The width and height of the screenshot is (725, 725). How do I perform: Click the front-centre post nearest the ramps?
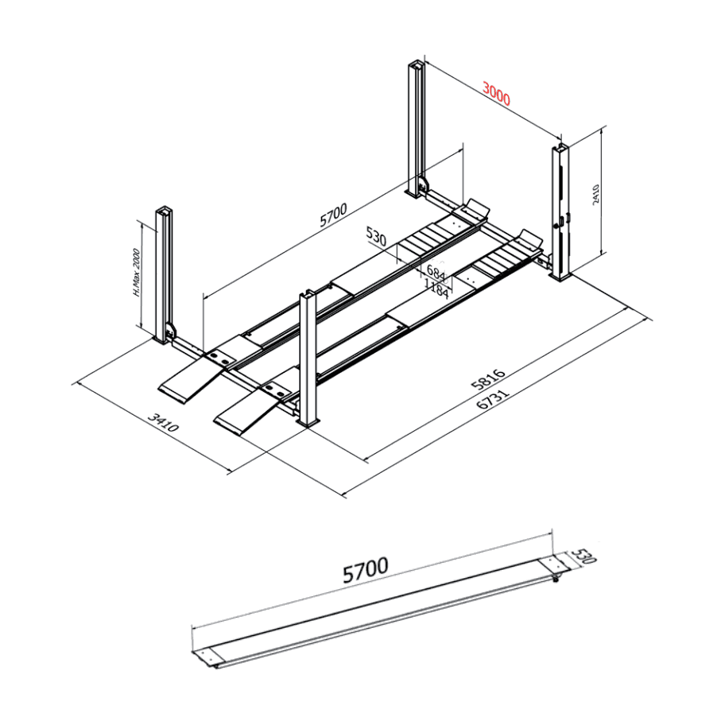308,358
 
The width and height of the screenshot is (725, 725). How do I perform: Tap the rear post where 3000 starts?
415,127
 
